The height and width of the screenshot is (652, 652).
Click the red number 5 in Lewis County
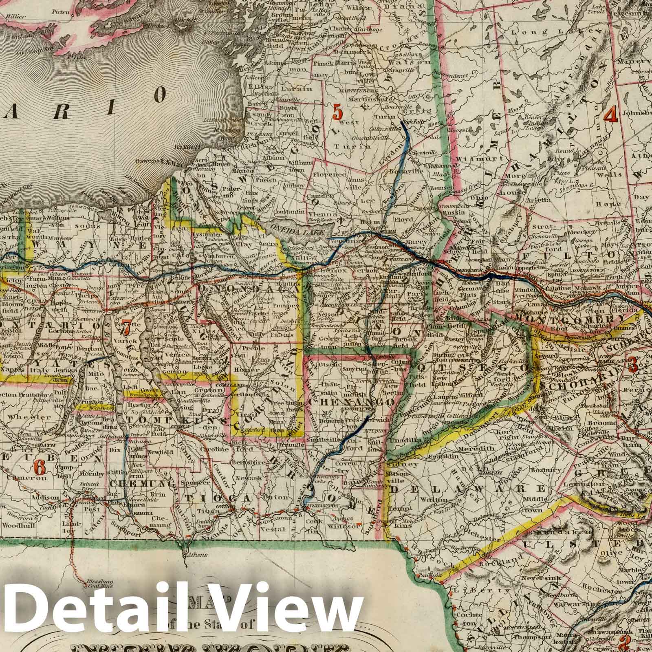click(337, 112)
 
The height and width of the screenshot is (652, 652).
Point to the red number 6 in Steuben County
click(39, 466)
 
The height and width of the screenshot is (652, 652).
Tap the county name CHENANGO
click(351, 402)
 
